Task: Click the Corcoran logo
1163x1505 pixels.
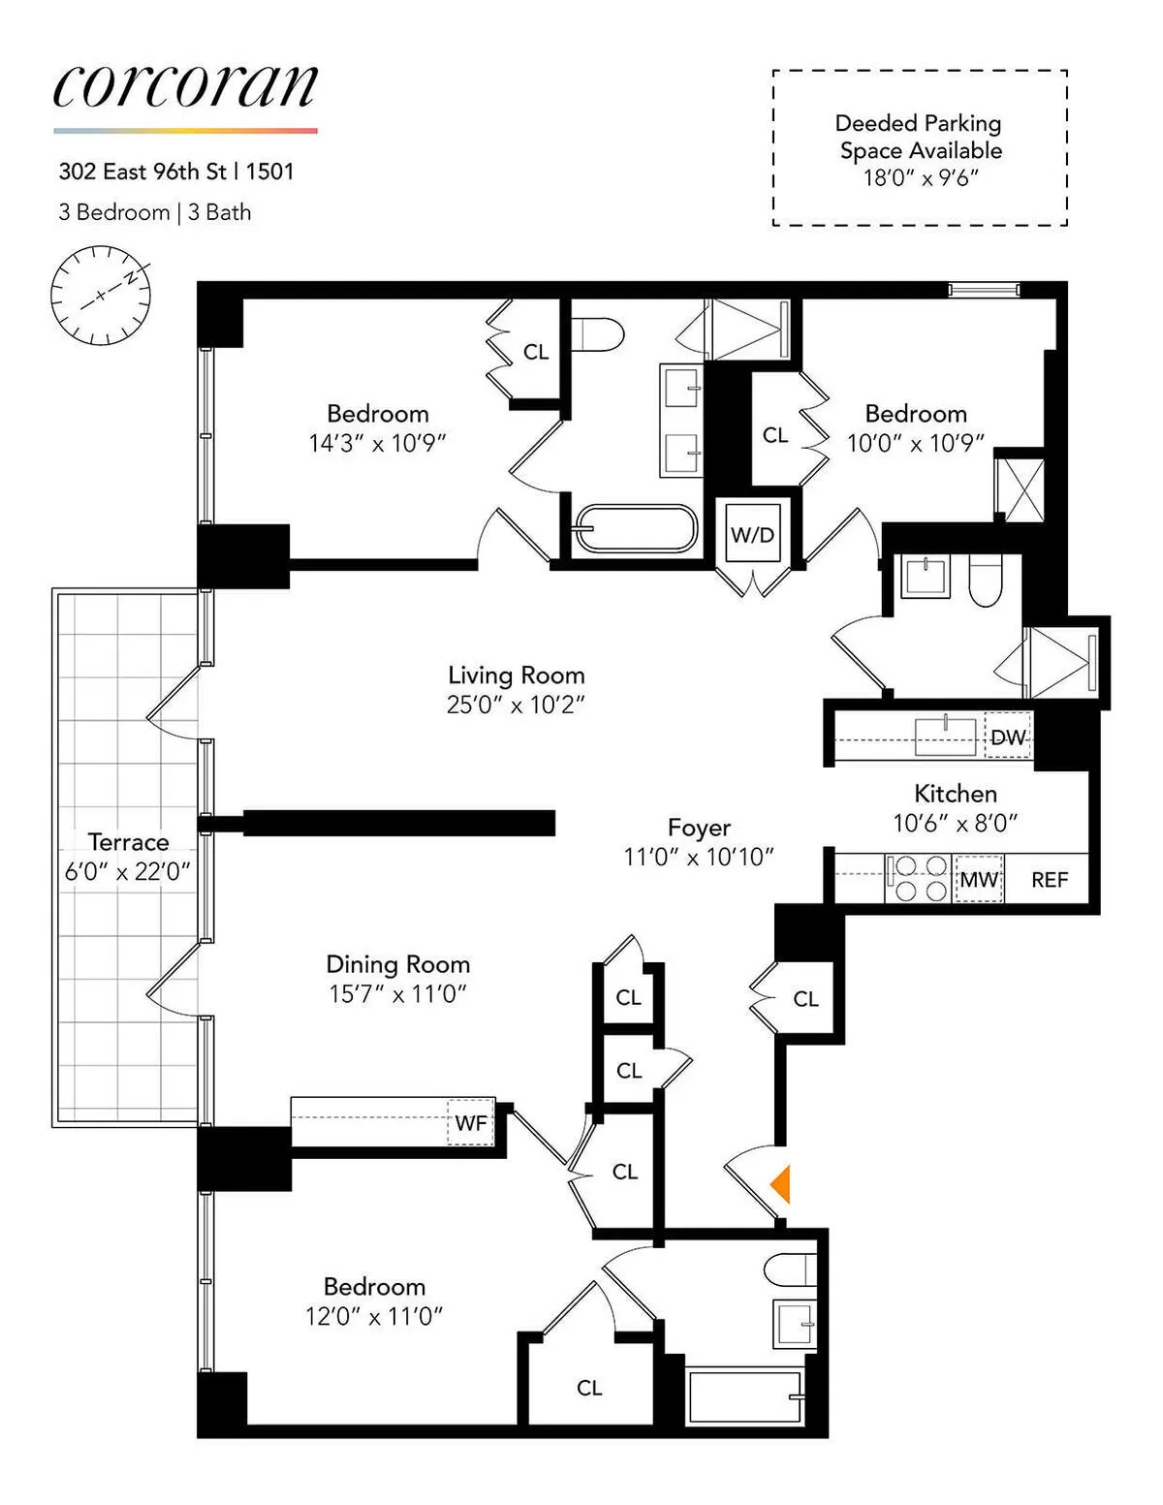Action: click(x=185, y=87)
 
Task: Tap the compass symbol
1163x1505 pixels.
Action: click(x=101, y=295)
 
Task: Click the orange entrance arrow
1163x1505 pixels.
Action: click(x=781, y=1184)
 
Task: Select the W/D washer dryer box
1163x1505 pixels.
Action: click(x=752, y=535)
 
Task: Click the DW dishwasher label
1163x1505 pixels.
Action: click(x=1007, y=737)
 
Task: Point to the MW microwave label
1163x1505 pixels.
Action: click(x=978, y=880)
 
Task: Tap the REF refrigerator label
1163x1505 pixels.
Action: click(x=1049, y=880)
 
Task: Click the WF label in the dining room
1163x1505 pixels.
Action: click(x=471, y=1123)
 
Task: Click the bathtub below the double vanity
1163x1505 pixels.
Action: click(x=635, y=529)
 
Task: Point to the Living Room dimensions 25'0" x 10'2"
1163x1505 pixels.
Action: click(x=516, y=705)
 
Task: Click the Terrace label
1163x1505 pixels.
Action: click(x=128, y=841)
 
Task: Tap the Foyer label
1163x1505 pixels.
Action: click(x=699, y=828)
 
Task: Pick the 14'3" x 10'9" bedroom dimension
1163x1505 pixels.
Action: click(x=377, y=443)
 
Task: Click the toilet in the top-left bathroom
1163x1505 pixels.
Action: click(x=595, y=334)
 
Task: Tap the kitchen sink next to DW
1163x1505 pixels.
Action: click(x=946, y=737)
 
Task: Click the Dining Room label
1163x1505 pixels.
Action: click(x=397, y=964)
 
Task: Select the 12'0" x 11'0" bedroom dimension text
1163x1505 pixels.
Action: click(x=374, y=1316)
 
